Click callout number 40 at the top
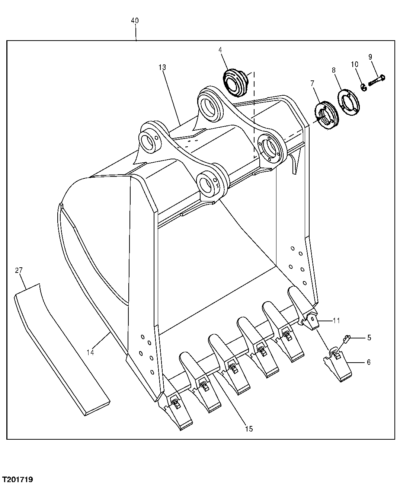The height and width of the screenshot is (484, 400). [135, 21]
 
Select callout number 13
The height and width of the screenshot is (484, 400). [161, 67]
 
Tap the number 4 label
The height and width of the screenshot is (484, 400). [220, 49]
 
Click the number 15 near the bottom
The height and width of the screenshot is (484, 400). [249, 429]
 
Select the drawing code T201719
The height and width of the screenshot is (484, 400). [17, 478]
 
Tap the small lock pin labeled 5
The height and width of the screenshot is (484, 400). [346, 338]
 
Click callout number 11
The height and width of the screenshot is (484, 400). [336, 320]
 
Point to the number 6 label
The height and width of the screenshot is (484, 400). [368, 362]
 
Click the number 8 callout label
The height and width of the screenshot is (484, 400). [333, 70]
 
